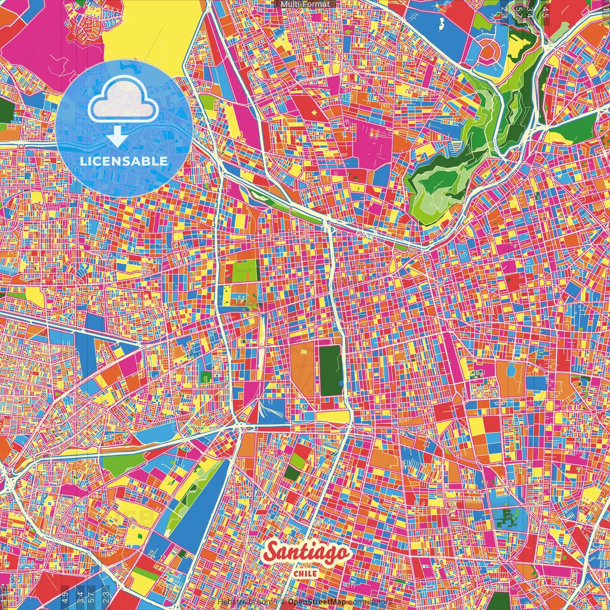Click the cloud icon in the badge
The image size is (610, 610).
click(x=123, y=101)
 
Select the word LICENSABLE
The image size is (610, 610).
click(x=123, y=161)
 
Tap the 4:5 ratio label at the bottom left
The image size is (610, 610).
click(x=65, y=596)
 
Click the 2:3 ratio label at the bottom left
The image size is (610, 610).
click(x=106, y=596)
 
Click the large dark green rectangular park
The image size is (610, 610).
click(x=330, y=370)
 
